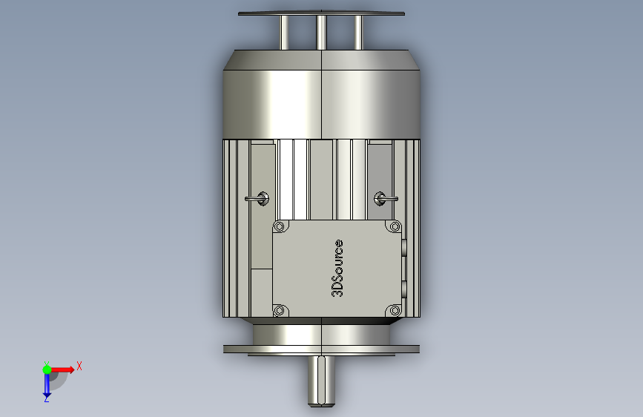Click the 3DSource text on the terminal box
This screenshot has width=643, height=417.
coord(337,268)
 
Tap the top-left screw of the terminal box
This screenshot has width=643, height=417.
coord(280,226)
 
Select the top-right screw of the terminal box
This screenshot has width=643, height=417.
coord(394,226)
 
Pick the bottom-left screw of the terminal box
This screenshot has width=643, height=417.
coord(280,310)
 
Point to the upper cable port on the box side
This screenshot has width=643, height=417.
coord(404,248)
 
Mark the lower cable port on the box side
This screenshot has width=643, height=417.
coord(404,288)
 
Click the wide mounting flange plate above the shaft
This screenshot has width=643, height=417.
coord(322,347)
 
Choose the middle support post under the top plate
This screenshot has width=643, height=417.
coord(322,33)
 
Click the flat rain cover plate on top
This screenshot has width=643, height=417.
coord(322,13)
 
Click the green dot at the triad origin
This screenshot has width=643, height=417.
coord(47,369)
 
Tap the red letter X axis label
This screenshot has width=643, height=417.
coord(79,366)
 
